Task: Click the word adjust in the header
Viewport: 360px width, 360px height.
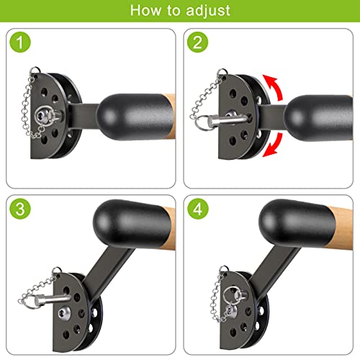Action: click(x=208, y=12)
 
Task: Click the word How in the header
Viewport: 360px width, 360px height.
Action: click(x=145, y=11)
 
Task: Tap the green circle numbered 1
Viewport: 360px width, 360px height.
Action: click(x=20, y=42)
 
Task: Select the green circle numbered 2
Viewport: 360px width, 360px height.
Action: click(x=197, y=42)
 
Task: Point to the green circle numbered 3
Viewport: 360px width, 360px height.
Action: click(x=20, y=208)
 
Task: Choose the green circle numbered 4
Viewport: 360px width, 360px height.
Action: click(x=197, y=208)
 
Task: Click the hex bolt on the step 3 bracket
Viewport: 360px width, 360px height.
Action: click(x=64, y=313)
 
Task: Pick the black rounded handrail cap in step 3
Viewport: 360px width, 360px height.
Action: click(x=132, y=224)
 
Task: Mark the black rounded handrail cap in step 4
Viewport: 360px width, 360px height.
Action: click(x=297, y=224)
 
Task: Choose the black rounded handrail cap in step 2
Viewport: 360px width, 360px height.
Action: click(x=318, y=117)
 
